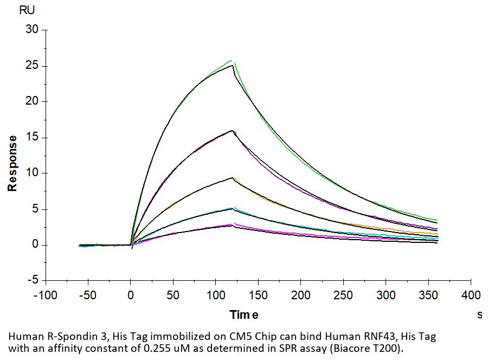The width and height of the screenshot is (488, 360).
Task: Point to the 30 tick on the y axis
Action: point(33,30)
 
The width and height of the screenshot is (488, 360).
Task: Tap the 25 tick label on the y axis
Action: point(33,66)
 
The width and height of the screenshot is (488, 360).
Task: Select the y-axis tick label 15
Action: point(33,137)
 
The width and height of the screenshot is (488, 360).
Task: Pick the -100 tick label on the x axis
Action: point(46,295)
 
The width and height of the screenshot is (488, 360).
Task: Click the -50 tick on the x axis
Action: point(88,295)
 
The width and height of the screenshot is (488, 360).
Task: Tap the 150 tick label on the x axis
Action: point(258,295)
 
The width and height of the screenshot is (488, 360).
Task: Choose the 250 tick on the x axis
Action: point(343,295)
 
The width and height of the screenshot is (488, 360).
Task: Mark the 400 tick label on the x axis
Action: point(471,295)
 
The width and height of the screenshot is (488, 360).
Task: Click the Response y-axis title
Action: point(12,163)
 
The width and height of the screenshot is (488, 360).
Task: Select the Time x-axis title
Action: point(243,315)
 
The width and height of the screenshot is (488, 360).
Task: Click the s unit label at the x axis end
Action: point(479,315)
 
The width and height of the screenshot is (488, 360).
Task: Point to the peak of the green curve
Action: point(232,60)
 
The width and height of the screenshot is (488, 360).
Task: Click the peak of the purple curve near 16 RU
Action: point(232,131)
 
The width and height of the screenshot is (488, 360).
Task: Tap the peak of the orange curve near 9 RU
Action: point(233,178)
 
